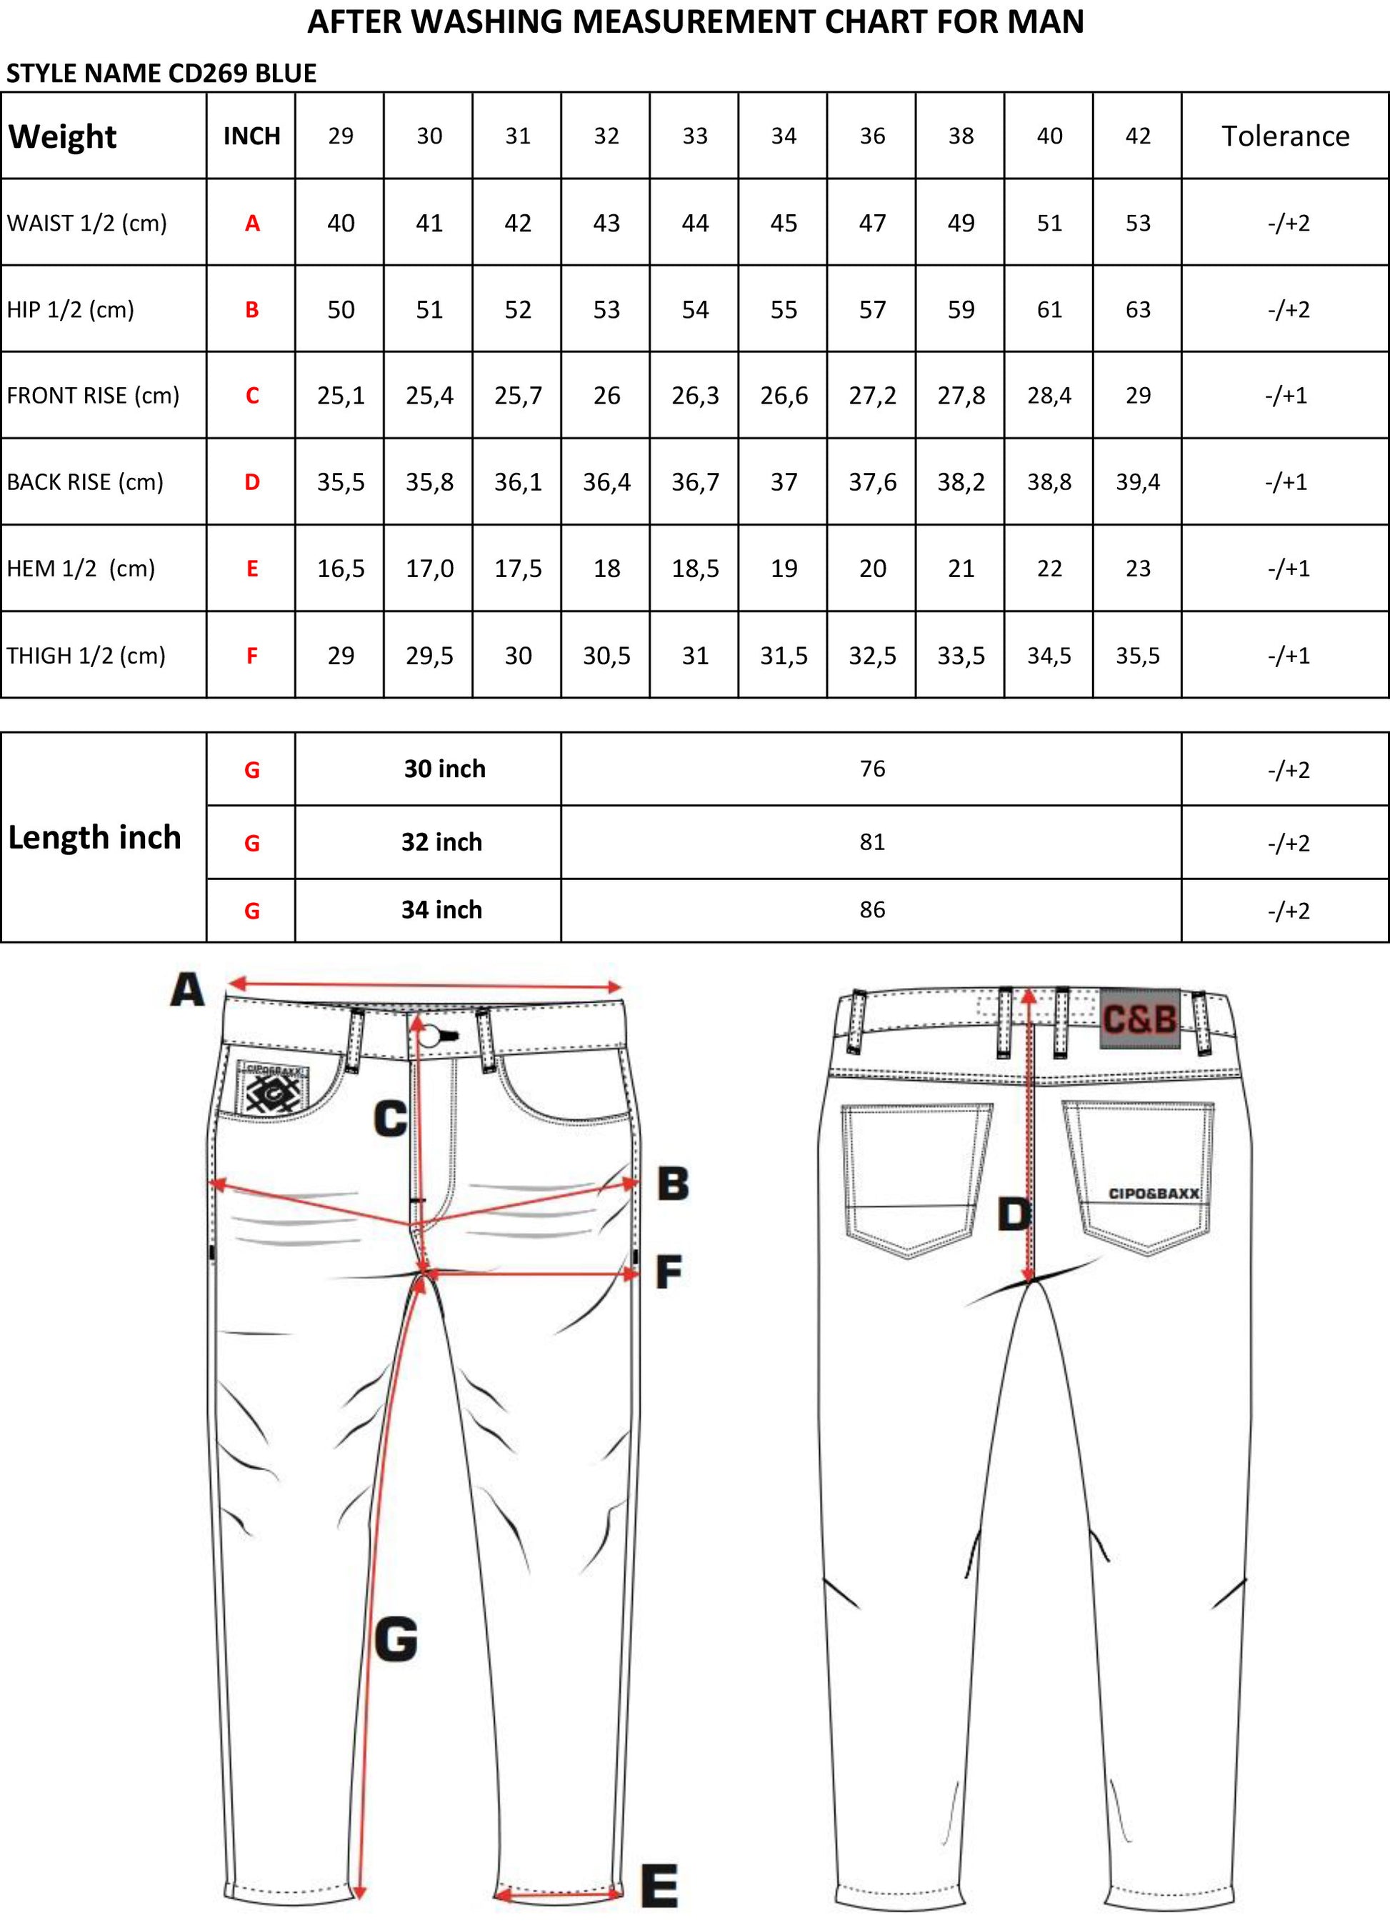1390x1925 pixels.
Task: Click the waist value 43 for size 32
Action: [x=606, y=224]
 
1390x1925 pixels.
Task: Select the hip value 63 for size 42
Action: [x=1137, y=310]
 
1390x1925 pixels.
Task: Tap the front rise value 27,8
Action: [x=961, y=396]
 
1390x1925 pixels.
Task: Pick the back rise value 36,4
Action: [x=606, y=482]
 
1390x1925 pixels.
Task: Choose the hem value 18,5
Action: [x=695, y=569]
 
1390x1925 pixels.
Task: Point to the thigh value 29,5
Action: [x=429, y=655]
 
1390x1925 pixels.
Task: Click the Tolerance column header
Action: [x=1285, y=136]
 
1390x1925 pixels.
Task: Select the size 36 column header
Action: [x=872, y=136]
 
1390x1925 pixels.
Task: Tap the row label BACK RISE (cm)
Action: [x=85, y=482]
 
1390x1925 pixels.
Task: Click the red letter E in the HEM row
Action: [x=252, y=569]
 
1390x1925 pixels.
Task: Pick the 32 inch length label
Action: [x=441, y=842]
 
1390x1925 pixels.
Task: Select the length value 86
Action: [x=872, y=910]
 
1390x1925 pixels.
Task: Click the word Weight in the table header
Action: [x=62, y=136]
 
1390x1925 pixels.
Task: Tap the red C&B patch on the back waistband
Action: [x=1140, y=1019]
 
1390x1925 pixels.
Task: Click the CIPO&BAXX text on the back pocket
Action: [x=1154, y=1194]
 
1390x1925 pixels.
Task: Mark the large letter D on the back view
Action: [x=1014, y=1214]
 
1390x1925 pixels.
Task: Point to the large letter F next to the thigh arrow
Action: [x=669, y=1272]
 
